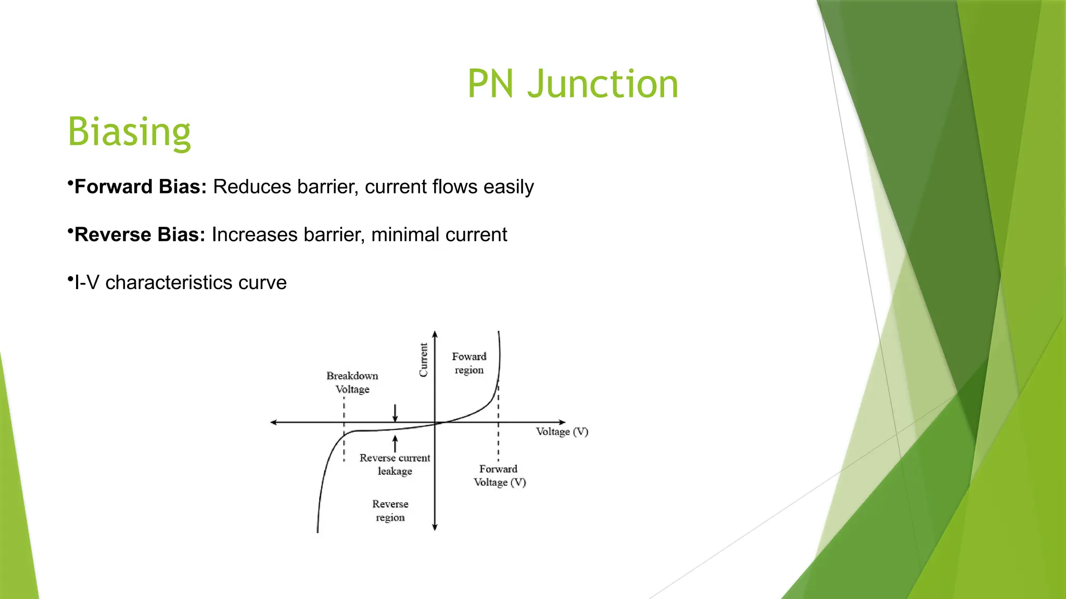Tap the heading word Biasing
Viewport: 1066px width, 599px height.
(x=129, y=132)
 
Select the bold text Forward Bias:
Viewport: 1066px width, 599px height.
(x=141, y=187)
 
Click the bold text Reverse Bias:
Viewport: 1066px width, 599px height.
(x=139, y=235)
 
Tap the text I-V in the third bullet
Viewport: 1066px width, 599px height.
(x=86, y=282)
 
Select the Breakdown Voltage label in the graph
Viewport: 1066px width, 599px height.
(x=352, y=382)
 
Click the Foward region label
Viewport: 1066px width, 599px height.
(x=469, y=363)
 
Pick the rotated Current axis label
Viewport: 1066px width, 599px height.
(x=423, y=359)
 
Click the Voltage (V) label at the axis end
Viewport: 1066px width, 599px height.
(x=562, y=432)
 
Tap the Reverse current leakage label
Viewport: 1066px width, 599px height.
(x=395, y=464)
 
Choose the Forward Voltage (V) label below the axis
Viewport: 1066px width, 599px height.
(x=499, y=475)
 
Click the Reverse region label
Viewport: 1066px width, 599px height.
(x=390, y=510)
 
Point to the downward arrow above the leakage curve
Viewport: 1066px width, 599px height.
(x=395, y=413)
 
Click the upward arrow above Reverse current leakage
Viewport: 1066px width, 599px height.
(x=395, y=444)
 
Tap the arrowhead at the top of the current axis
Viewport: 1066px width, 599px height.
(x=435, y=334)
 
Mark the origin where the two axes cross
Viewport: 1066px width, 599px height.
(x=435, y=422)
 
